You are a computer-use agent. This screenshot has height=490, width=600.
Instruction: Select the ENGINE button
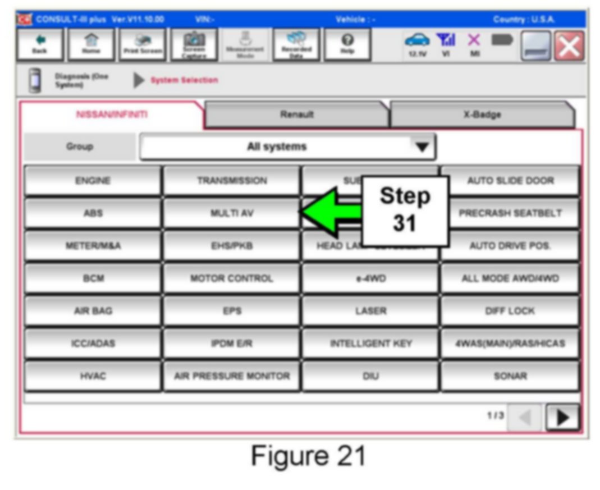click(93, 181)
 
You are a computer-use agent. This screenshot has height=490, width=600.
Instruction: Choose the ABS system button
click(93, 213)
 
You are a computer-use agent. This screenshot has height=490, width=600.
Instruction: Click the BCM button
click(93, 278)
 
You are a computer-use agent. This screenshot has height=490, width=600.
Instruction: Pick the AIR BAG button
click(93, 311)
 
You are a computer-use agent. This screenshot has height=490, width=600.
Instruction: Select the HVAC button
click(93, 376)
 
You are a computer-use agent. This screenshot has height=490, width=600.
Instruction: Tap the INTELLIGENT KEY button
click(370, 344)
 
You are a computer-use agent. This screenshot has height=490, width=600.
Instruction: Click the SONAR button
click(510, 376)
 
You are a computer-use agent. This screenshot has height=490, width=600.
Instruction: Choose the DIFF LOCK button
click(510, 311)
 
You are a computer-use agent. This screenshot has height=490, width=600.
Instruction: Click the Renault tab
click(297, 115)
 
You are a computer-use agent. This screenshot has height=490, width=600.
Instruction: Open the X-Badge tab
click(482, 115)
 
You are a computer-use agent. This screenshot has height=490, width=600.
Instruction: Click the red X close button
click(568, 46)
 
